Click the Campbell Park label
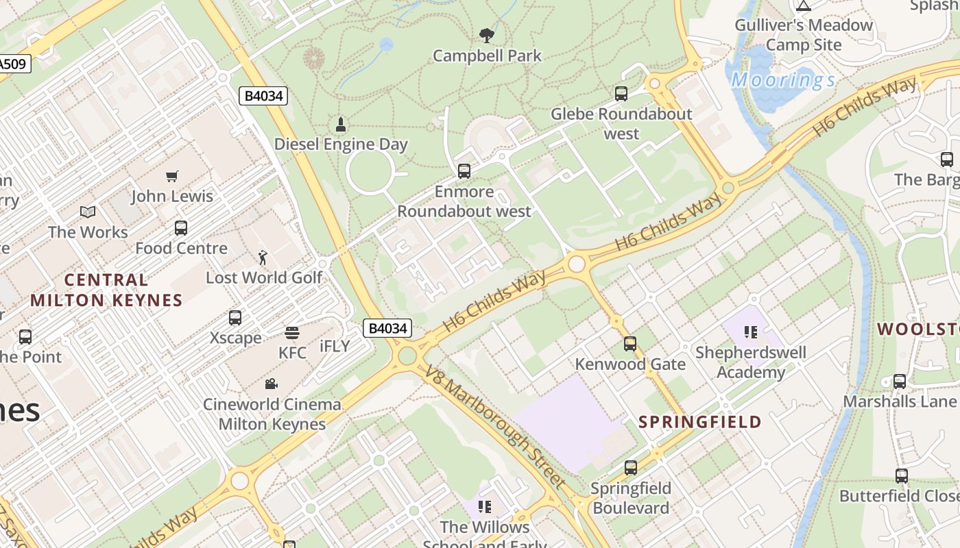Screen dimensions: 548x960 click(x=487, y=55)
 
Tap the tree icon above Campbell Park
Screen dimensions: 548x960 click(x=487, y=35)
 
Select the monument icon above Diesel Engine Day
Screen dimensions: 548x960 click(x=341, y=124)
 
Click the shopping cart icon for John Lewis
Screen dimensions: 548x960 click(x=172, y=177)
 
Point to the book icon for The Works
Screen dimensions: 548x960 click(x=88, y=212)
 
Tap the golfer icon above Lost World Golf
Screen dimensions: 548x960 click(x=263, y=258)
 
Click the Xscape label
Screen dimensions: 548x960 click(x=235, y=338)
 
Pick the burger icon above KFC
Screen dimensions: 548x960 click(x=292, y=334)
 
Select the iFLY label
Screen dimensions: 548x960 click(x=335, y=346)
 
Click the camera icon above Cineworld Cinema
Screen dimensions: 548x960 click(x=272, y=384)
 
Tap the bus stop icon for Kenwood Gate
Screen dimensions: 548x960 click(x=630, y=344)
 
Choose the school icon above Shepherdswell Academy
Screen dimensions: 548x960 click(x=751, y=332)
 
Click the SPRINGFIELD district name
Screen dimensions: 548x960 click(x=700, y=422)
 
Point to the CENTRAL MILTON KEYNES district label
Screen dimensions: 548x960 click(x=106, y=290)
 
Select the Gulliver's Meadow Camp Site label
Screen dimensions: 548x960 click(x=804, y=35)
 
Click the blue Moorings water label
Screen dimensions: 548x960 click(x=783, y=80)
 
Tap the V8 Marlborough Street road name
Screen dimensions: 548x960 click(x=495, y=426)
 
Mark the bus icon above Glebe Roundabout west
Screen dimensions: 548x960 click(x=621, y=94)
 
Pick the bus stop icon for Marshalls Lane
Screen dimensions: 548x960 click(x=900, y=382)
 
